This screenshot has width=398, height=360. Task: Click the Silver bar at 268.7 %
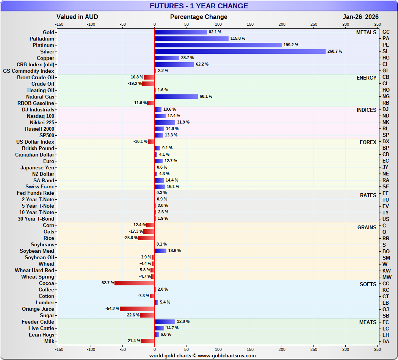point(240,52)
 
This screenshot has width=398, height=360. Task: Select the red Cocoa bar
point(134,283)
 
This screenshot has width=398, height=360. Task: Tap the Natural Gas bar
point(176,97)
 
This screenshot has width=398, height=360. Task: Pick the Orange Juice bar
point(137,309)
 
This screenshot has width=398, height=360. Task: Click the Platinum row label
point(43,45)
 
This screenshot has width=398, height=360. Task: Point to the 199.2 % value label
point(291,45)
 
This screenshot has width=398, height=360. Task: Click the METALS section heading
point(366,33)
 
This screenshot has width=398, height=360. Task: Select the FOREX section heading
point(368,142)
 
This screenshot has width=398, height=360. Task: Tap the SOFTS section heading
point(368,285)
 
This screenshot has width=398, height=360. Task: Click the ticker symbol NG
point(386,97)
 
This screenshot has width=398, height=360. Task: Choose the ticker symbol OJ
point(386,309)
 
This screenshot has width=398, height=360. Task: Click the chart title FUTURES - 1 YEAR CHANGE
point(199,6)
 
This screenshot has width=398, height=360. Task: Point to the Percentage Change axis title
point(199,17)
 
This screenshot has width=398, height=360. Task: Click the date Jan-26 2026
point(360,17)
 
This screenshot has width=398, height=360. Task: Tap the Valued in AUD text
point(77,17)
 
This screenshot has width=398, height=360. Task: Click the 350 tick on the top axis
point(377,24)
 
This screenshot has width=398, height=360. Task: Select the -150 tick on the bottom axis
point(59,349)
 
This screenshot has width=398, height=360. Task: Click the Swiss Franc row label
point(40,187)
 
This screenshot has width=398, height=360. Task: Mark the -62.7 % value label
point(107,283)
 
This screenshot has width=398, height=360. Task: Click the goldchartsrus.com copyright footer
point(202,356)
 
